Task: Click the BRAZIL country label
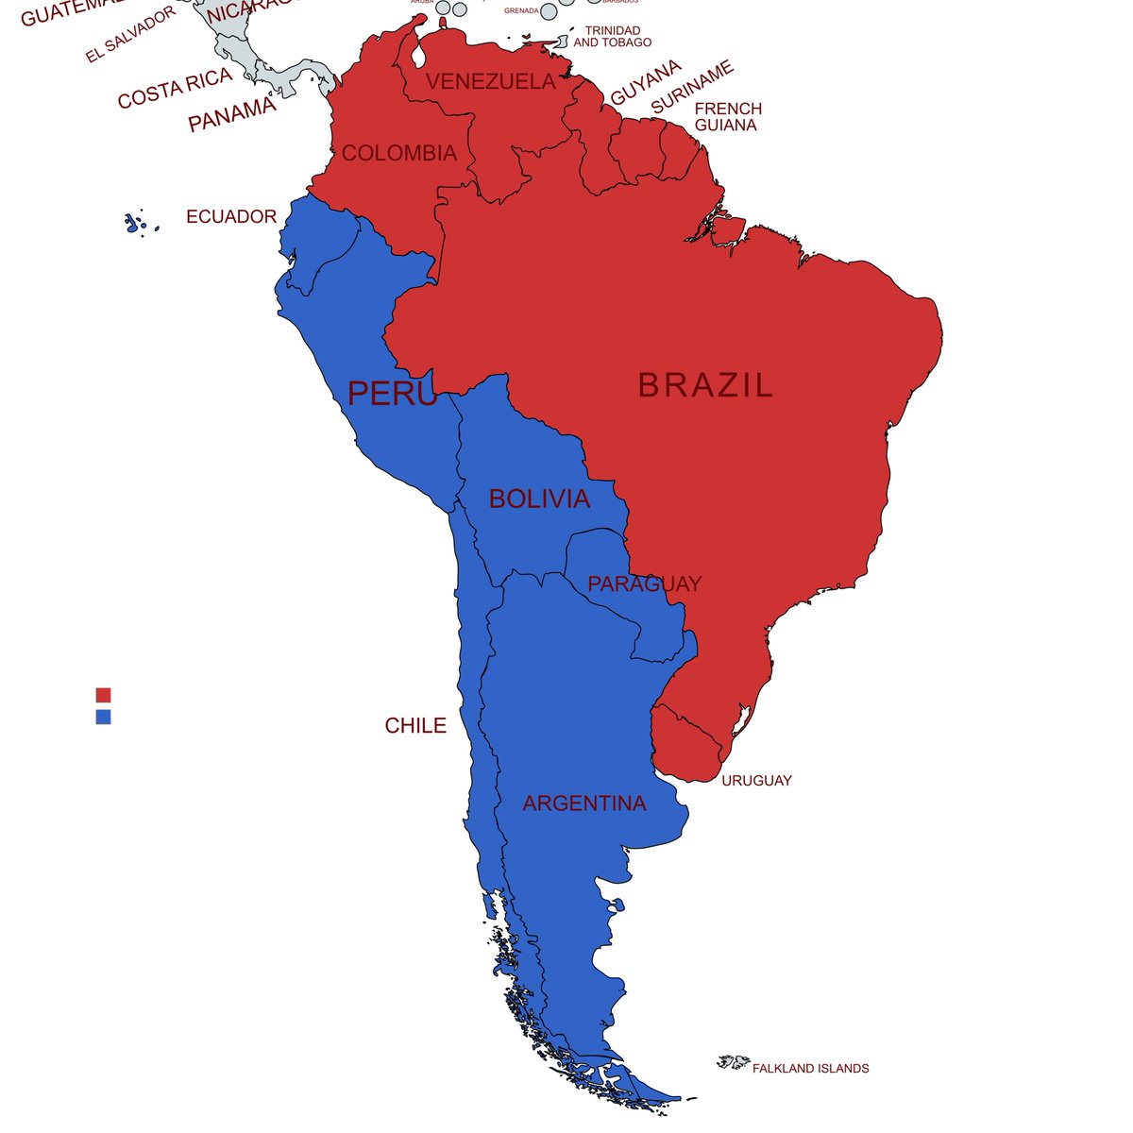point(705,385)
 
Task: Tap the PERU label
point(393,393)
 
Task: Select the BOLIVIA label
point(539,499)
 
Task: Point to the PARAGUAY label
point(645,584)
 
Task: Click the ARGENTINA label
point(584,803)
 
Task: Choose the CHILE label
point(415,726)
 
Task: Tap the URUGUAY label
point(756,781)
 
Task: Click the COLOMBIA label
point(399,153)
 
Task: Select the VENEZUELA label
point(491,82)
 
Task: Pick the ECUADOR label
point(231,217)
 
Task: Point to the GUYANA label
point(646,83)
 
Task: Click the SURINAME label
point(692,88)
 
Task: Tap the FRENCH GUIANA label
point(727,117)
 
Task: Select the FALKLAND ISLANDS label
point(810,1069)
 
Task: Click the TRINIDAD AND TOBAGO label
point(612,37)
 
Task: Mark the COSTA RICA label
point(175,89)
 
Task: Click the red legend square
point(103,695)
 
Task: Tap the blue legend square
point(103,717)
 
